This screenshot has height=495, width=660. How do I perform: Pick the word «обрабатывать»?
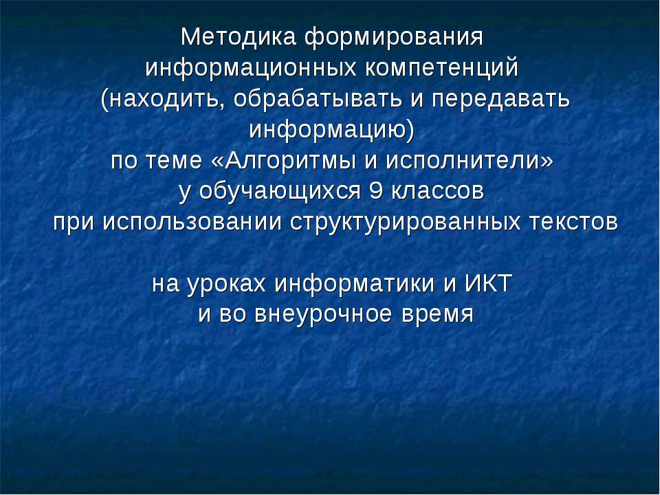click(319, 99)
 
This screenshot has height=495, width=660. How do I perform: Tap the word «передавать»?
click(500, 99)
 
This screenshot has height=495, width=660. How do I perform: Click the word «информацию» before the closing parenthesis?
click(327, 130)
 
